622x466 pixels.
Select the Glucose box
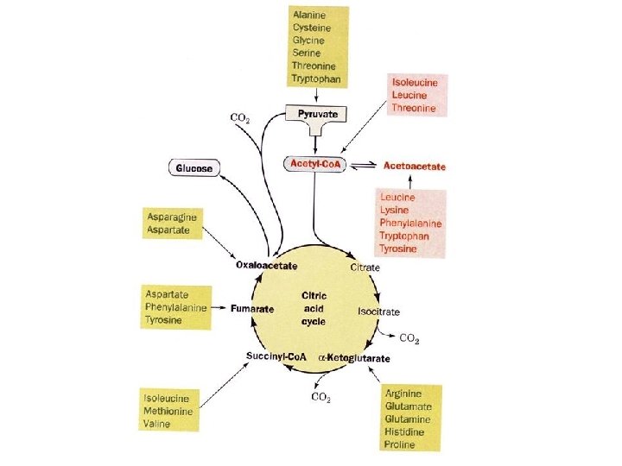point(194,167)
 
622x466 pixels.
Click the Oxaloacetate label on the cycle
point(269,267)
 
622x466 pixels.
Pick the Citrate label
point(365,268)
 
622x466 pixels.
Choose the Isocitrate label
point(378,311)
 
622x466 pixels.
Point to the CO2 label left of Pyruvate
point(241,117)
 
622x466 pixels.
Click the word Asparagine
point(171,218)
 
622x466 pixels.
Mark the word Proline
point(398,444)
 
